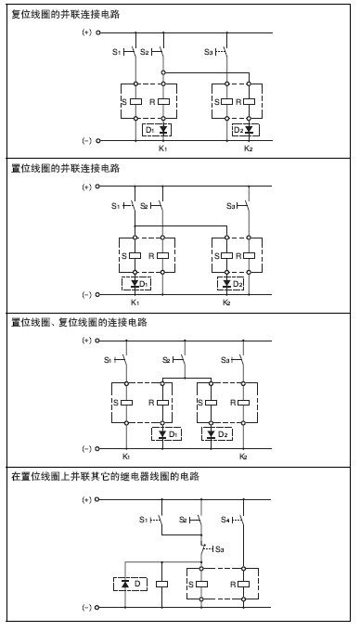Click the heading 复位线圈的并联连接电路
pos(66,15)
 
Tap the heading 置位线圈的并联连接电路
pos(66,168)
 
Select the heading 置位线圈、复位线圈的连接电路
pos(79,322)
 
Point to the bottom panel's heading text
pos(105,476)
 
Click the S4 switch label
pos(225,520)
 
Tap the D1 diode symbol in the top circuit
pos(163,130)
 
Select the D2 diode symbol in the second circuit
pos(227,284)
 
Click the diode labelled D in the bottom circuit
pos(125,584)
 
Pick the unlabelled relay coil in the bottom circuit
pos(161,584)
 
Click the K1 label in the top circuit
pos(162,148)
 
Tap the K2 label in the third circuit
pos(243,457)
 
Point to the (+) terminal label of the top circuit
pos(87,32)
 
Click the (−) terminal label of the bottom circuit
pos(87,607)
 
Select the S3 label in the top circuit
pos(209,52)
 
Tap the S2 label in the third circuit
pos(166,360)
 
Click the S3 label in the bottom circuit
pos(220,549)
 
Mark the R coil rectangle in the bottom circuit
pos(243,584)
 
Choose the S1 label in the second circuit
pos(116,206)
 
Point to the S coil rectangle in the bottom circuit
pos(201,584)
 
